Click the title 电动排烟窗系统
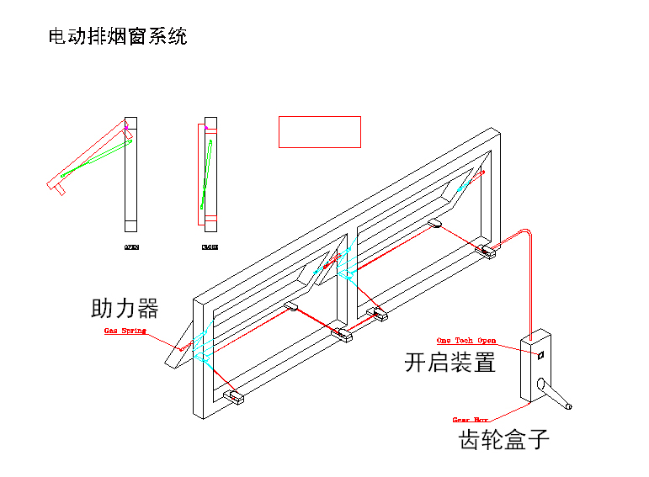(119, 37)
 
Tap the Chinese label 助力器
(125, 308)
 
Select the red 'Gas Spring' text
(125, 331)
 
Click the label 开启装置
(450, 363)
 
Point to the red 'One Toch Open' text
(465, 340)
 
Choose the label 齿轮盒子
(503, 438)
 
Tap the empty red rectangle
(320, 132)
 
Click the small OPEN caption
(131, 247)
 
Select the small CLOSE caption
(210, 247)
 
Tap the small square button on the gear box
(540, 355)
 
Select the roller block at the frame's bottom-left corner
(233, 395)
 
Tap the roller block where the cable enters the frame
(486, 250)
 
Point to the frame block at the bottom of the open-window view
(130, 225)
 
